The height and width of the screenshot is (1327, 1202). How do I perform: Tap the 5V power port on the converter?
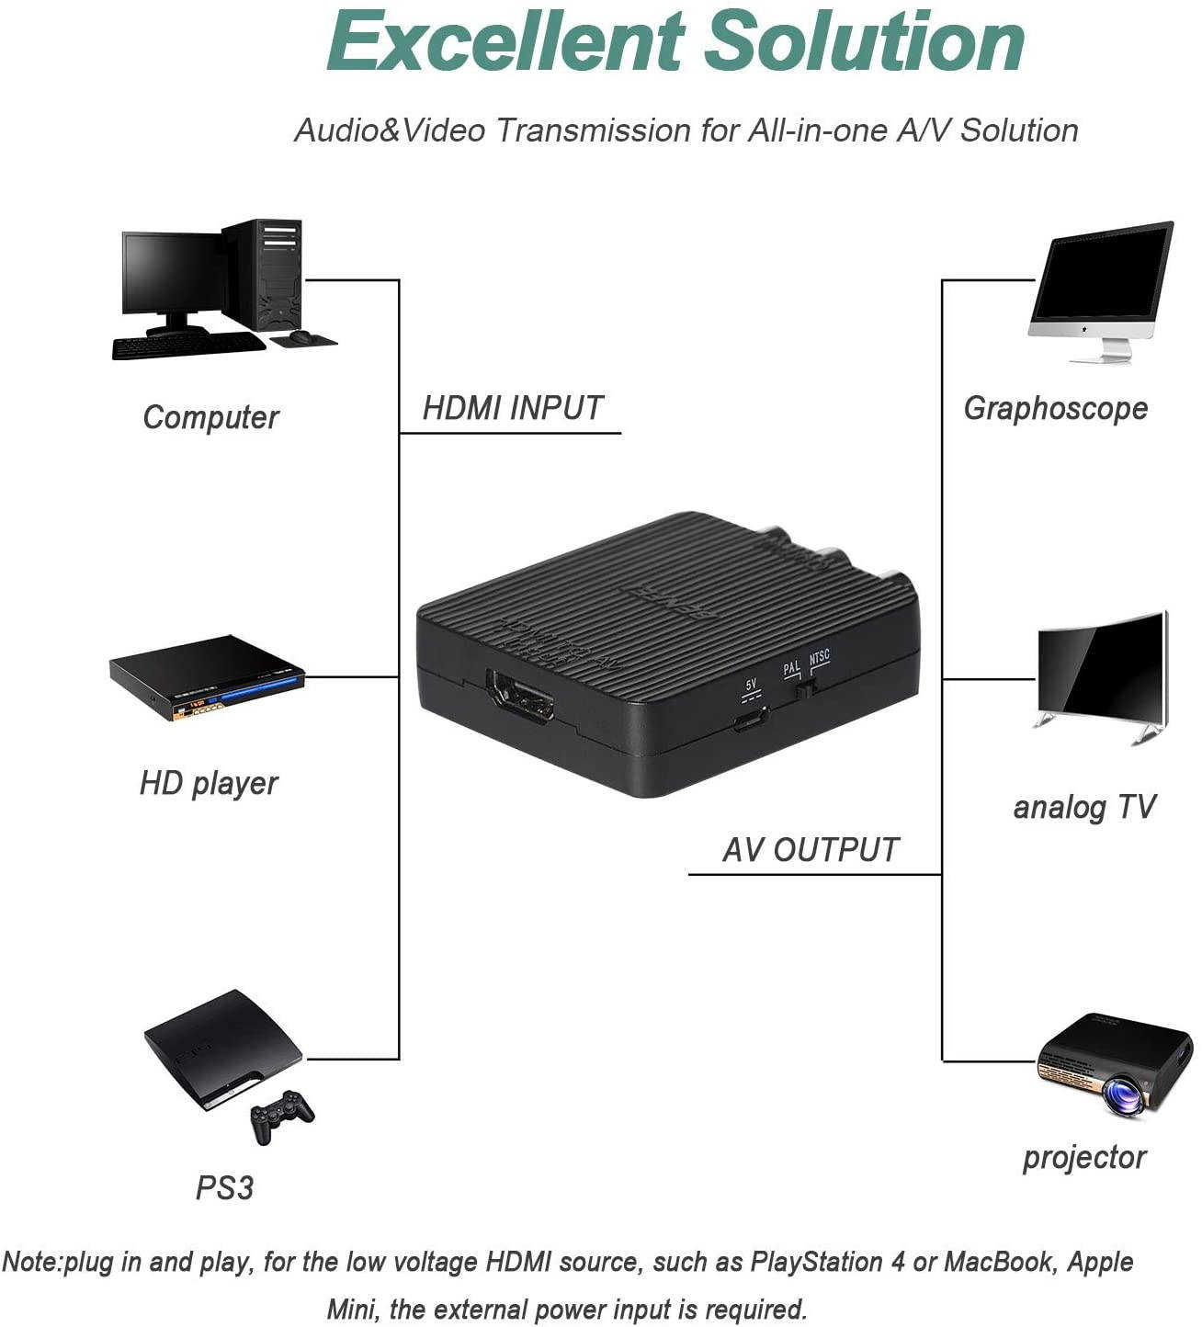coord(750,720)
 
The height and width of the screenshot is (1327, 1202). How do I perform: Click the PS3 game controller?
coord(281,1115)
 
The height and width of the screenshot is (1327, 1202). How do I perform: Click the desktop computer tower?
coord(266,274)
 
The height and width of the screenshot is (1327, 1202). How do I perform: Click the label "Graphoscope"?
coord(1055,408)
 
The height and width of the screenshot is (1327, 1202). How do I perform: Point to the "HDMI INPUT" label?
coord(512,408)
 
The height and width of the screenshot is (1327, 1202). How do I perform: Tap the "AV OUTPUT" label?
coord(810,849)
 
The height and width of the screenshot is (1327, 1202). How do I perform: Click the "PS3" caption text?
coord(224,1187)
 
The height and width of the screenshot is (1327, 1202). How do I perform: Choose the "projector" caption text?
coord(1084,1157)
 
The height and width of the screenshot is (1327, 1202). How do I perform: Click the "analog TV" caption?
coord(1083,807)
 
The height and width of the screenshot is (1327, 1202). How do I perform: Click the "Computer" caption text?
coord(210,417)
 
